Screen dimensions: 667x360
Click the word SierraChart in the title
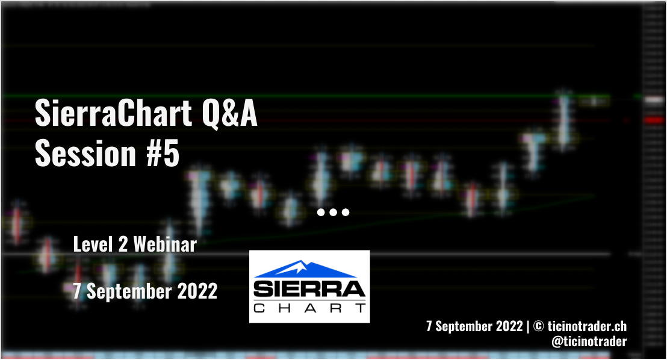(x=113, y=113)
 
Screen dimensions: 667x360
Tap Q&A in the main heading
(x=230, y=114)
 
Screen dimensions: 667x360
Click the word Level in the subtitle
(x=93, y=244)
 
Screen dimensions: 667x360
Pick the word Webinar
(x=165, y=244)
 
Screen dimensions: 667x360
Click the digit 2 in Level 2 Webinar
(x=123, y=244)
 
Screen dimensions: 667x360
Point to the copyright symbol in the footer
(x=538, y=326)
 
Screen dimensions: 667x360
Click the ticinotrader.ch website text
(x=587, y=326)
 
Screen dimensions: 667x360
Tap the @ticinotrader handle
(x=589, y=341)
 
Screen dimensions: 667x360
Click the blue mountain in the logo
(x=304, y=269)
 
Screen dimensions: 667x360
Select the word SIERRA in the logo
(x=309, y=289)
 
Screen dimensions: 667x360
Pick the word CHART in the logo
(x=309, y=308)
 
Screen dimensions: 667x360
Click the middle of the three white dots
(x=333, y=212)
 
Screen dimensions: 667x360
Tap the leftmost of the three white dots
(x=321, y=212)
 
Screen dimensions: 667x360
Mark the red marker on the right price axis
(x=654, y=120)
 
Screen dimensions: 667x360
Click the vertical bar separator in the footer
(x=528, y=326)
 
